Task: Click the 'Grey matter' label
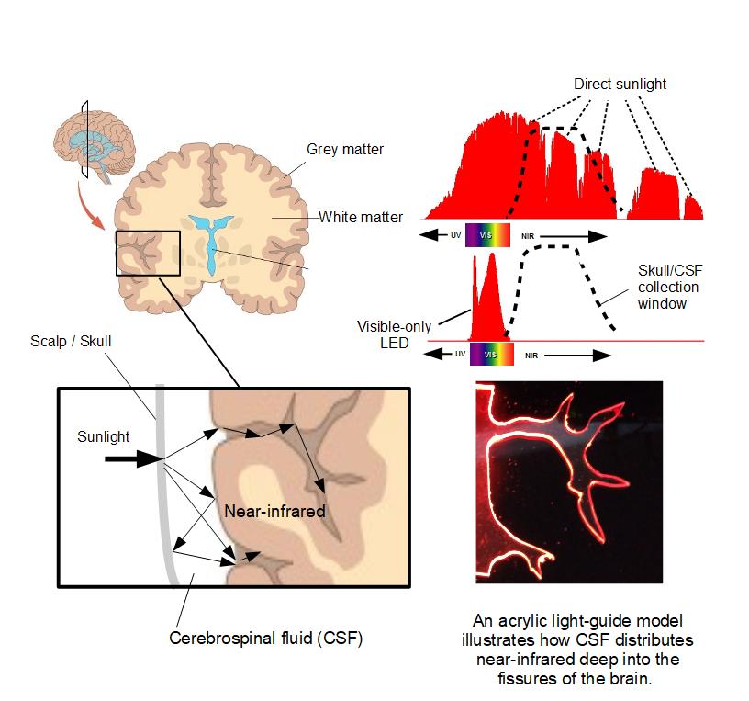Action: coord(345,149)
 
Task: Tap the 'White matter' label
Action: coord(361,217)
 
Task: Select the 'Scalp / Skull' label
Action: coord(71,341)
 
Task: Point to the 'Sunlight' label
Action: coord(103,436)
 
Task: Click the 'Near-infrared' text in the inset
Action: coord(274,511)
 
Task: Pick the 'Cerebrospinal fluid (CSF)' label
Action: coord(266,638)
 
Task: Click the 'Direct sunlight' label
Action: coord(620,84)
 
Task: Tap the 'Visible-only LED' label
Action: coord(394,334)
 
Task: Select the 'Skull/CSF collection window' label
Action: coord(670,287)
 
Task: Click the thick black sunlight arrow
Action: coord(134,459)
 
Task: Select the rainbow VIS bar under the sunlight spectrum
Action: coord(487,235)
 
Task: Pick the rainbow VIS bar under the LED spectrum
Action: coord(492,355)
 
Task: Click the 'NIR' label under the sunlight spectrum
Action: coord(528,236)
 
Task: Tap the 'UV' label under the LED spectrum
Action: coord(460,354)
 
